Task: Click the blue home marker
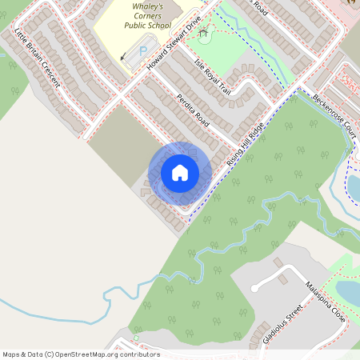(x=180, y=172)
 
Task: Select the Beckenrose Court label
(x=334, y=112)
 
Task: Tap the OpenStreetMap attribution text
(x=81, y=354)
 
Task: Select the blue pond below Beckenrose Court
(x=354, y=186)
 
